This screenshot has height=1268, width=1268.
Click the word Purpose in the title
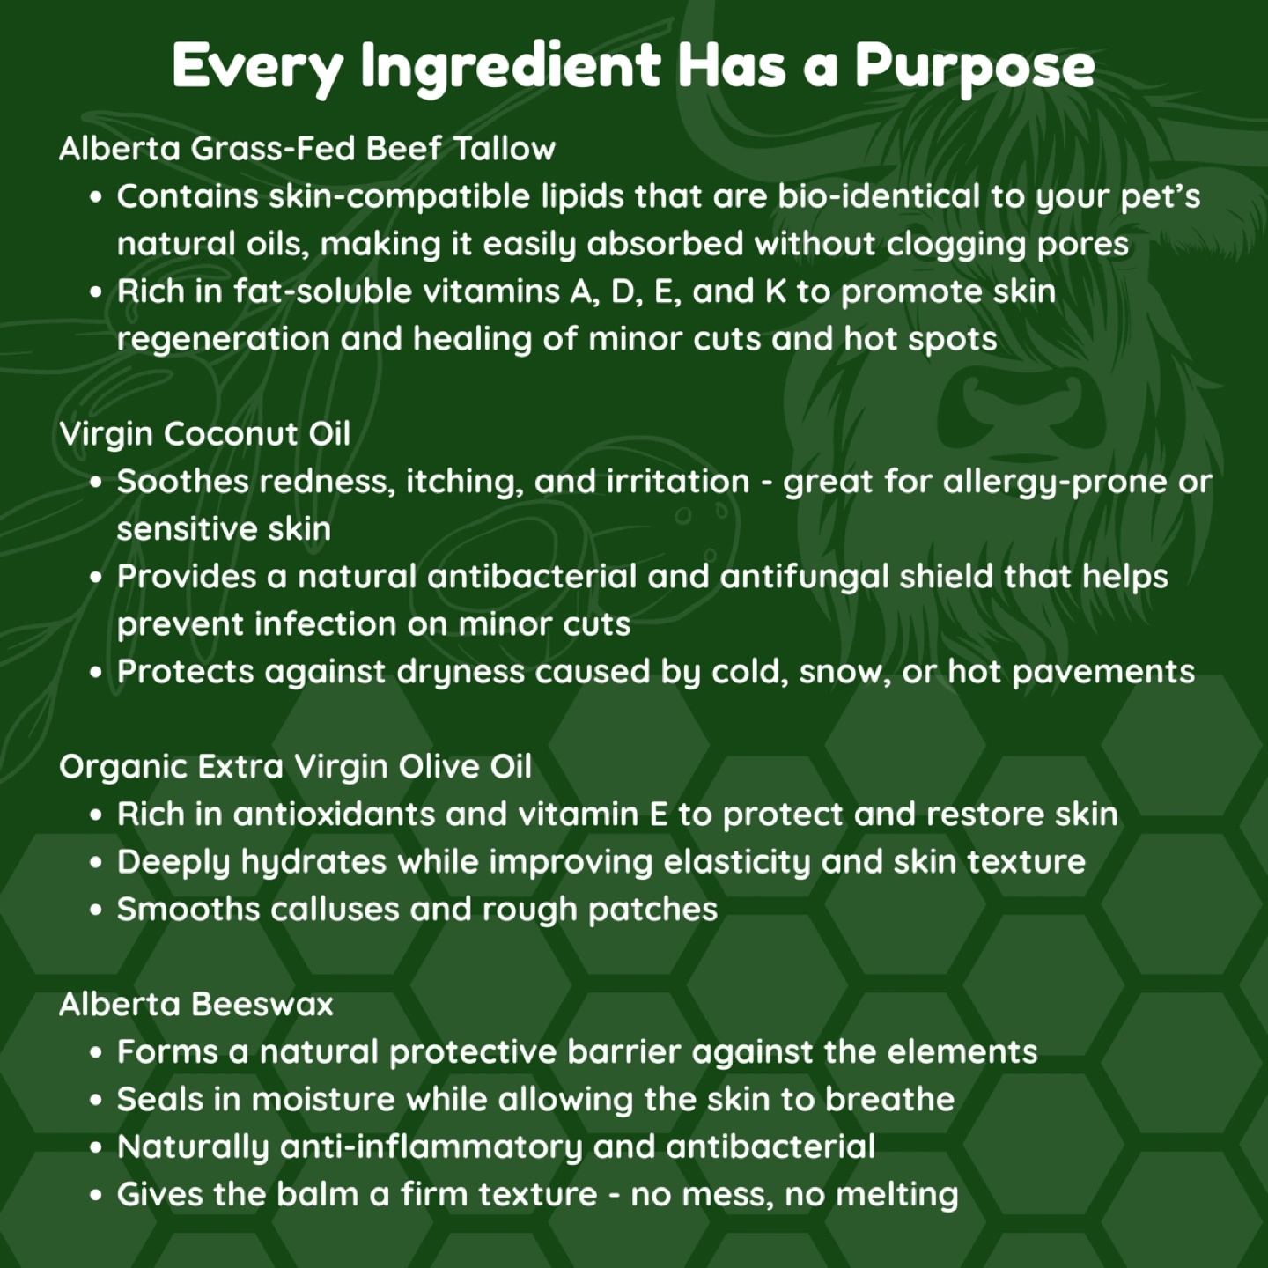coord(975,67)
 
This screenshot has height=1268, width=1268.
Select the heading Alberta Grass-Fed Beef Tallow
coord(307,149)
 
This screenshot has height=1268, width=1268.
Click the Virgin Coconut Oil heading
coord(204,434)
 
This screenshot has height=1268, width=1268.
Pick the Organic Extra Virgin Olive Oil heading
coord(296,767)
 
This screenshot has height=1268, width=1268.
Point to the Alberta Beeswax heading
coord(196,1004)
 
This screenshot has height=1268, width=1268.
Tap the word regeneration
coord(223,340)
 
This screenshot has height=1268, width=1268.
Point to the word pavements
coord(1103,673)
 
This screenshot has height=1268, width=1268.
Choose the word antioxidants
coord(334,814)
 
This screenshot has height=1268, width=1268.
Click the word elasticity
coord(736,863)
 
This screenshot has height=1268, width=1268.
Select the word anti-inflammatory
coord(431,1147)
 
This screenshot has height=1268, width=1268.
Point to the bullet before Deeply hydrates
coord(96,863)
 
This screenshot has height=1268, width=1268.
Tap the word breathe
coord(889,1100)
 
